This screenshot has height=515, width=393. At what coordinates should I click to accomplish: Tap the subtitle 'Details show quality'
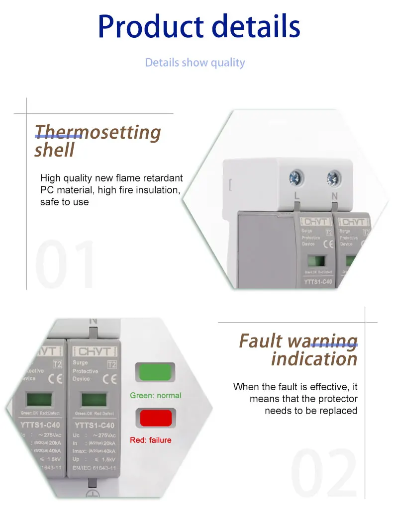[195, 63]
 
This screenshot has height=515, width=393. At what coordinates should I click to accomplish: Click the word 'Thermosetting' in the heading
[98, 132]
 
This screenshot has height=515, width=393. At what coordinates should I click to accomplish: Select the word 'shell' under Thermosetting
[54, 150]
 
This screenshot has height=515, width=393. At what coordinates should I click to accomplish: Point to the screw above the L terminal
[297, 177]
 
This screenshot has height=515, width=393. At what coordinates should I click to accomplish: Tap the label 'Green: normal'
[156, 396]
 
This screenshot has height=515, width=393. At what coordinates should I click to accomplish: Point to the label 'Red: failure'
[150, 440]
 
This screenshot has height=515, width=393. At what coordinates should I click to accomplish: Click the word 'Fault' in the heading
[261, 341]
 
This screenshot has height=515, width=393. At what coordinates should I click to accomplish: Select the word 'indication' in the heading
[314, 359]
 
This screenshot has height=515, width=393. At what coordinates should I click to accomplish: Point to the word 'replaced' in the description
[339, 411]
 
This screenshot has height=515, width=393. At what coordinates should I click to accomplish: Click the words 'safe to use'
[64, 202]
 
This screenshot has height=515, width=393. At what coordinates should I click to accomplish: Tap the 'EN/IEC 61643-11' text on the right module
[95, 468]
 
